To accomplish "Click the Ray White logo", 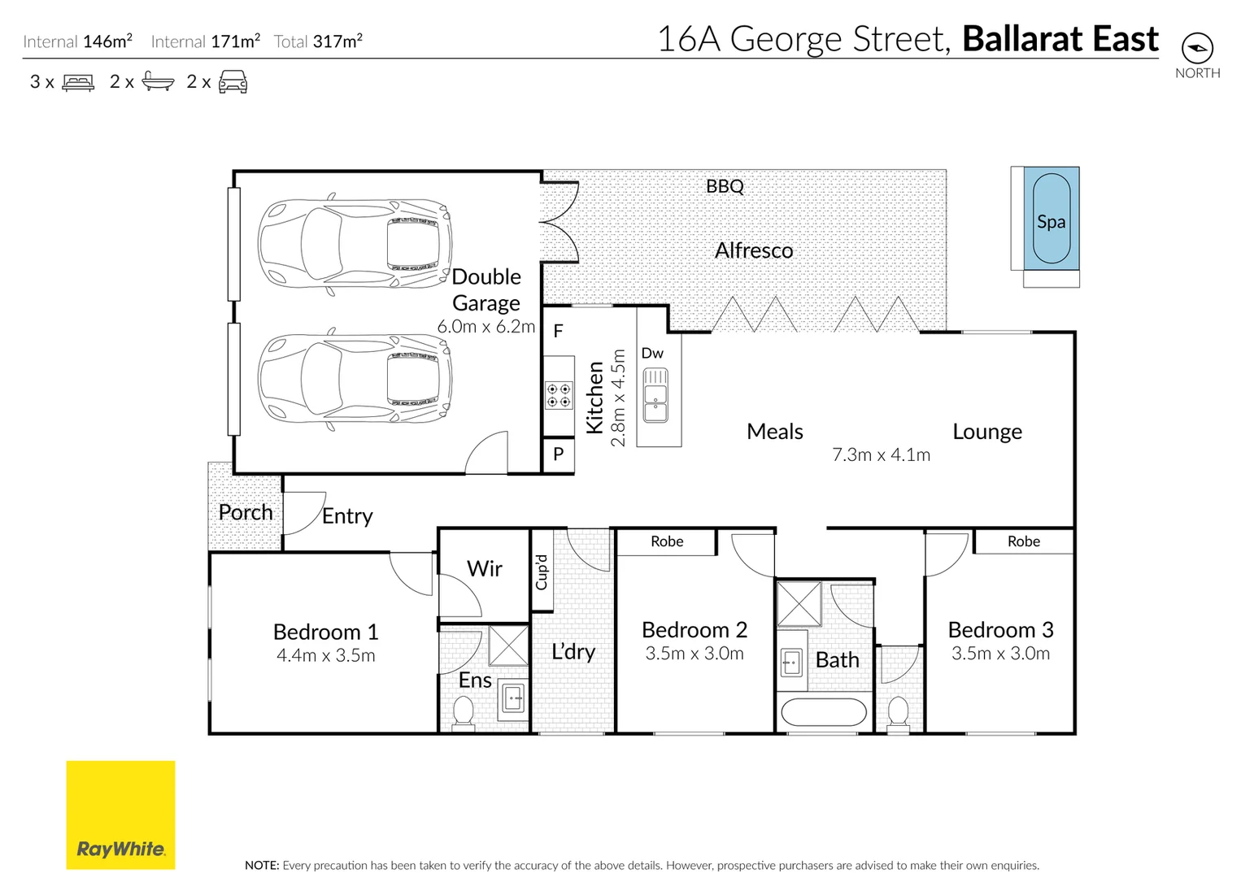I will pos(120,815).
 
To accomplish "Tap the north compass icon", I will pos(1196,48).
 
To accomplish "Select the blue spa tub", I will pos(1051,219).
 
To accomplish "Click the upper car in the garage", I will pos(355,243).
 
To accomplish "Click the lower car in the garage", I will pos(355,379).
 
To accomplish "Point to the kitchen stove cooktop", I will pos(559,395).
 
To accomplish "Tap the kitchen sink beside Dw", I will pos(655,395).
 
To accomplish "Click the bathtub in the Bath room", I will pos(824,713).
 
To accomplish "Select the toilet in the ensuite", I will pos(463,713).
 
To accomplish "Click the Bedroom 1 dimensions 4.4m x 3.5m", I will pos(325,656).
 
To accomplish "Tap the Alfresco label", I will pos(754,250).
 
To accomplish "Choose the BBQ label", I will pos(725,186).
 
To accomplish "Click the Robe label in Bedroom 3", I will pos(1023,541).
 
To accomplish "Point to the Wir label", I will pos(485,569).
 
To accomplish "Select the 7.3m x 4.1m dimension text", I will pos(881,455).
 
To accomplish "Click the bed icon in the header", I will pos(78,82).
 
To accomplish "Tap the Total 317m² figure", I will pos(318,41).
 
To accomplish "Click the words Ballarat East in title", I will pos(1060,39).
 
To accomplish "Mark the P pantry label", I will pos(559,454).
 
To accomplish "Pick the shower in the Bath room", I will pos(799,604).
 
